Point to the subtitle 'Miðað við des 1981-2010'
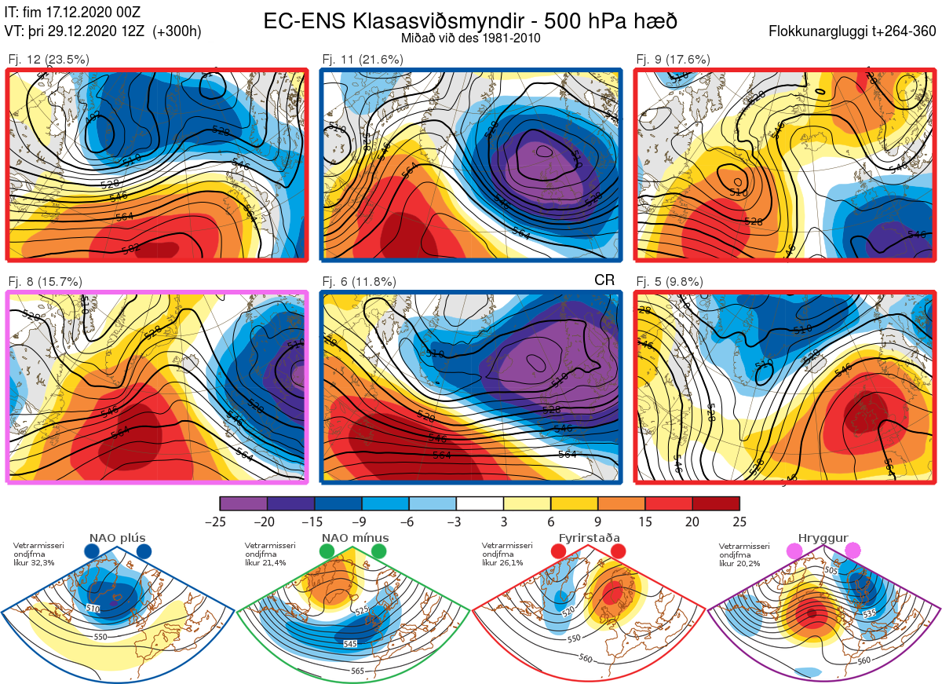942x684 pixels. click(x=470, y=38)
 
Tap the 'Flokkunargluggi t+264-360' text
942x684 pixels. click(x=855, y=31)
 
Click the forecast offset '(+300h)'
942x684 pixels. click(x=177, y=31)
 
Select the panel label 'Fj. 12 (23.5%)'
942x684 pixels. click(x=48, y=59)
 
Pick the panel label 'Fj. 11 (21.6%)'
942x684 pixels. click(x=363, y=59)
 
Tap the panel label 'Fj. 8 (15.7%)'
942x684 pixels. click(x=45, y=281)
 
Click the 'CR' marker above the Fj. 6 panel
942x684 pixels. click(x=604, y=280)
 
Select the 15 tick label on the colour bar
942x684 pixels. click(x=644, y=521)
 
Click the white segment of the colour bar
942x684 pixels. click(x=480, y=503)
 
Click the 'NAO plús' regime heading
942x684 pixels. click(x=118, y=538)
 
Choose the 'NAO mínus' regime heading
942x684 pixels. click(x=355, y=538)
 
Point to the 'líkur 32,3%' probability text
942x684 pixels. click(x=39, y=563)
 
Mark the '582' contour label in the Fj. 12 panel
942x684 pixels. click(x=131, y=248)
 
